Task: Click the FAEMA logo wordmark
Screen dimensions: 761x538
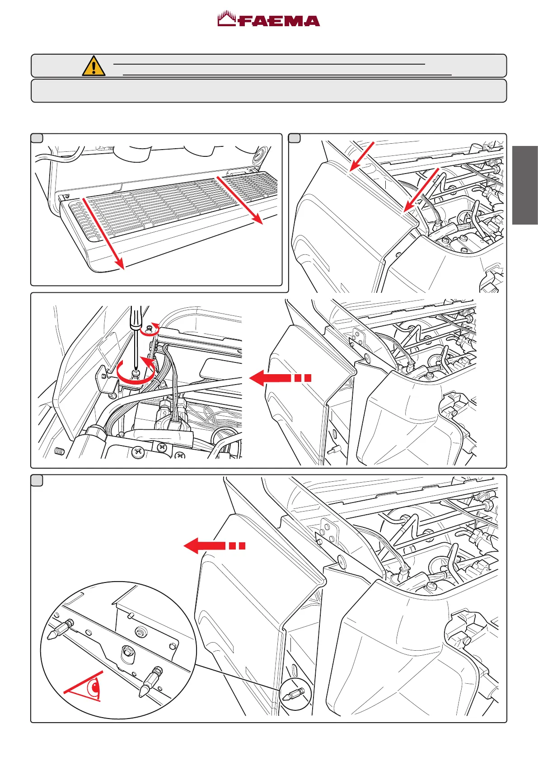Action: (269, 20)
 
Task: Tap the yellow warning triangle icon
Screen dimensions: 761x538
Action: (94, 66)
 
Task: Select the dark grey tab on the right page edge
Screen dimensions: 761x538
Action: (525, 185)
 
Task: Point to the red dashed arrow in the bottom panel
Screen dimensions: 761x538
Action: (215, 546)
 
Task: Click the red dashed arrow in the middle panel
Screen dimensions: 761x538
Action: (280, 378)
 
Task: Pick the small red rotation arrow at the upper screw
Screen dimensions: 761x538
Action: (150, 329)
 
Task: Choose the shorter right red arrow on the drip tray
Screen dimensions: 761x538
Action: (240, 200)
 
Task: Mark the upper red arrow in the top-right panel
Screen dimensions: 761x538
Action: (362, 156)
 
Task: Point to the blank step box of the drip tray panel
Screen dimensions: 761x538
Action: (37, 139)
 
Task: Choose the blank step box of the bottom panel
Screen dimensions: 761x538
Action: (37, 480)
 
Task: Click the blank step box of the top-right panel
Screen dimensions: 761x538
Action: (295, 139)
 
